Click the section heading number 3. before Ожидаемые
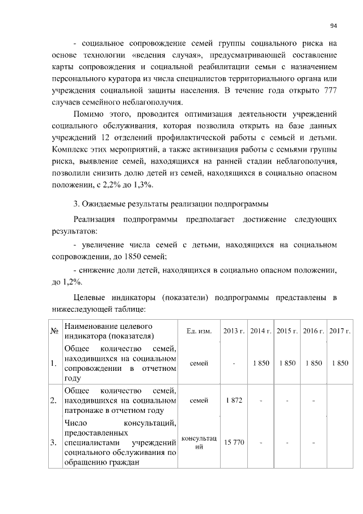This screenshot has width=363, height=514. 77,204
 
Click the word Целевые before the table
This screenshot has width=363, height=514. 93,298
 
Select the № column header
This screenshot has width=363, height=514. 55,331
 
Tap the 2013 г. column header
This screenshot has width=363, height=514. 234,331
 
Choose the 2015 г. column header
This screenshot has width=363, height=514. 286,331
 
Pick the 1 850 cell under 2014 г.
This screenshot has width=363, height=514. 260,363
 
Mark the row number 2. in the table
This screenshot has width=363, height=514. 54,401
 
